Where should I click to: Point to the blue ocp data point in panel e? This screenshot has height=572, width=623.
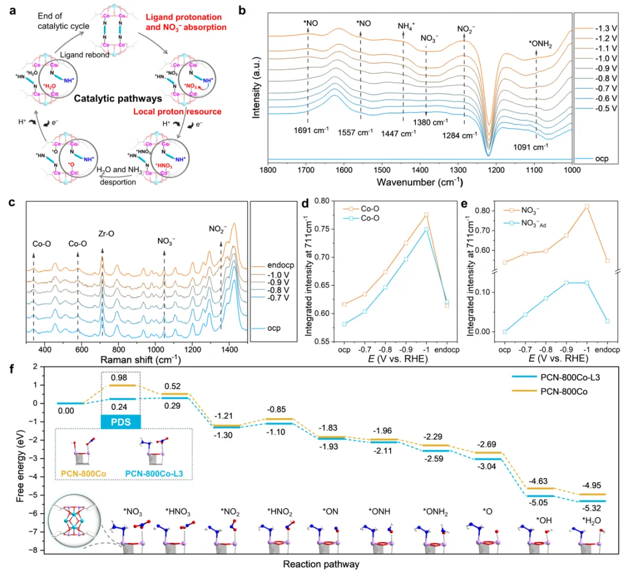coord(504,332)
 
